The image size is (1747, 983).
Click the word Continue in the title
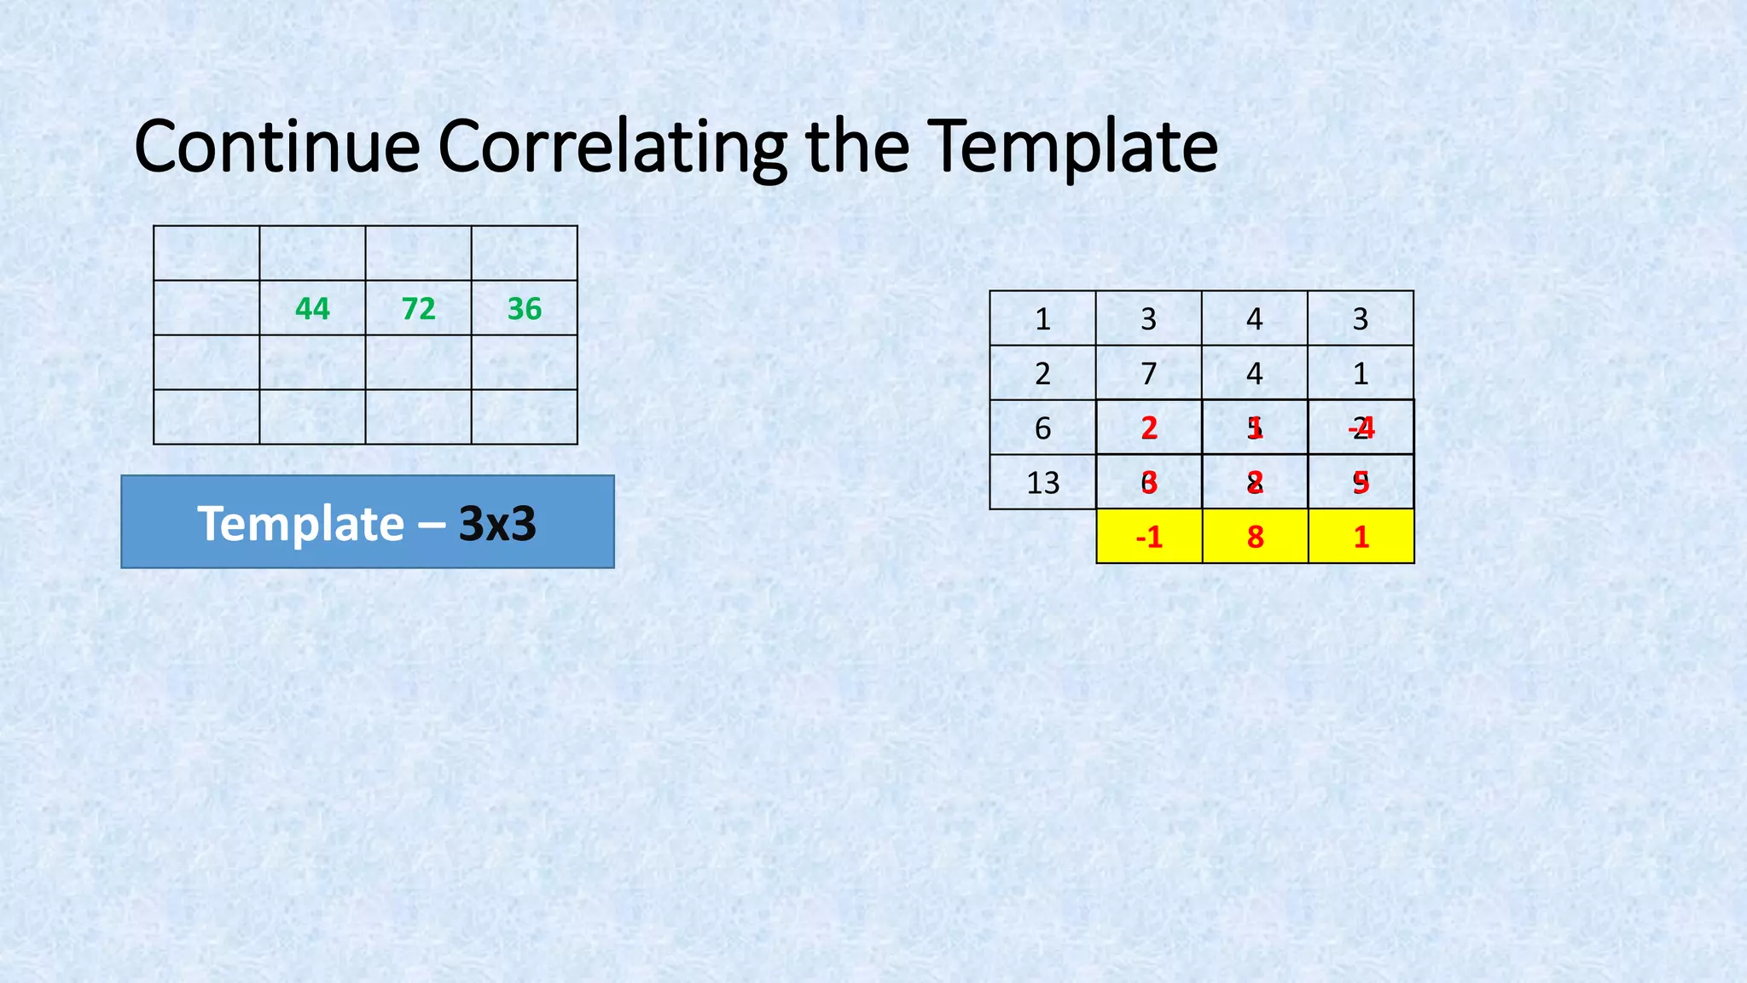[x=276, y=147]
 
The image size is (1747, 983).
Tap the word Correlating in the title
[x=612, y=147]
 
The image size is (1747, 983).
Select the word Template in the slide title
[x=1071, y=147]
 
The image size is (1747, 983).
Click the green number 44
[x=312, y=309]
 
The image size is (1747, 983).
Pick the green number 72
[x=418, y=309]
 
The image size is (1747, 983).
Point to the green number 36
[x=524, y=309]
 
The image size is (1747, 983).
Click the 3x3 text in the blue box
[x=497, y=524]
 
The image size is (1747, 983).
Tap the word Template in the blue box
[x=300, y=524]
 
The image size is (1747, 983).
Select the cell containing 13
[x=1042, y=483]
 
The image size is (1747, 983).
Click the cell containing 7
[x=1148, y=374]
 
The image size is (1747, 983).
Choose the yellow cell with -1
[x=1149, y=537]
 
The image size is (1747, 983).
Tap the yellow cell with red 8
[x=1255, y=537]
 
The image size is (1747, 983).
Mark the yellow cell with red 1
[x=1361, y=537]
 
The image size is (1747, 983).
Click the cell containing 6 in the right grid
[x=1042, y=428]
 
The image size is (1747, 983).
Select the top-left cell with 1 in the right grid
[x=1042, y=319]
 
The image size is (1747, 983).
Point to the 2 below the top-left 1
[x=1042, y=374]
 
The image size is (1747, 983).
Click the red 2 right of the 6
[x=1149, y=428]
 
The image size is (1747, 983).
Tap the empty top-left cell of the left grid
[x=206, y=253]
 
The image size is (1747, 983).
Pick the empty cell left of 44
[x=206, y=308]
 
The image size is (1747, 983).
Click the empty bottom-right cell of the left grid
[x=524, y=417]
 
